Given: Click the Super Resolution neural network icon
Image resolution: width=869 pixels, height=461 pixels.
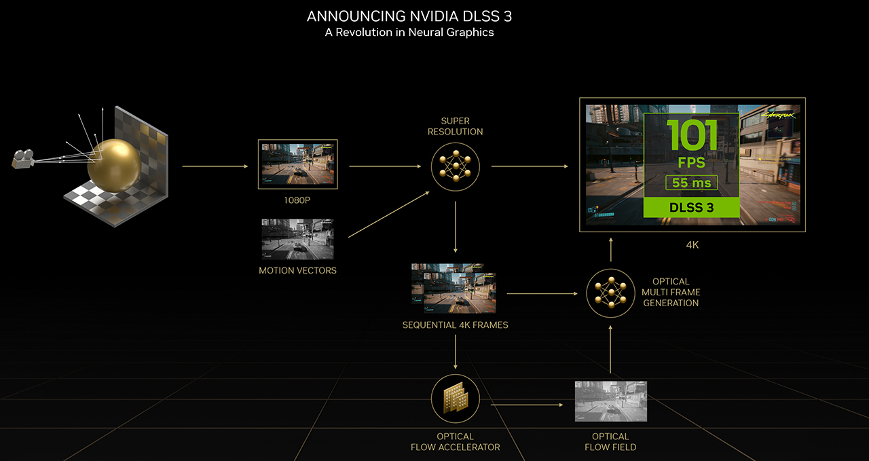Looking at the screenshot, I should pyautogui.click(x=456, y=166).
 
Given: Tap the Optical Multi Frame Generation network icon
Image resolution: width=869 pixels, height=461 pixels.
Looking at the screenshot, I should pyautogui.click(x=611, y=293).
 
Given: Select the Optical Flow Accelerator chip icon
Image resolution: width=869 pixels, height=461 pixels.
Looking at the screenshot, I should pyautogui.click(x=456, y=398).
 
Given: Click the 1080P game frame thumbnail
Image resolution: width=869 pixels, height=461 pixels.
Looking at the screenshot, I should pyautogui.click(x=297, y=164).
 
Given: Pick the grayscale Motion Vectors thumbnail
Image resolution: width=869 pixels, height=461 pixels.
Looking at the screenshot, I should pyautogui.click(x=297, y=239).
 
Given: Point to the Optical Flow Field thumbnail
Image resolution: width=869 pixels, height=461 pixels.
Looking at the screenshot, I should pyautogui.click(x=610, y=401).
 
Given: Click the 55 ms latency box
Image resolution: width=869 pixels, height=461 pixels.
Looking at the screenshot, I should pyautogui.click(x=690, y=183).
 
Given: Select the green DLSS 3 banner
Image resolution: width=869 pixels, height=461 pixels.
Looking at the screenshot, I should pyautogui.click(x=690, y=208).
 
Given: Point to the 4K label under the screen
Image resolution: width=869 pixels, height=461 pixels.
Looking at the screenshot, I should pyautogui.click(x=692, y=245).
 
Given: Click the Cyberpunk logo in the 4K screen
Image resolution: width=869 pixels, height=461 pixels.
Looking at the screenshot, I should pyautogui.click(x=778, y=115).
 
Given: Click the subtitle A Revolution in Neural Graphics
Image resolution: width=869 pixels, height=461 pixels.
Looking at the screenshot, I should pyautogui.click(x=409, y=33).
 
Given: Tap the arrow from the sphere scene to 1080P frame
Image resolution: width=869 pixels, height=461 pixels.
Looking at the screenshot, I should pyautogui.click(x=215, y=166).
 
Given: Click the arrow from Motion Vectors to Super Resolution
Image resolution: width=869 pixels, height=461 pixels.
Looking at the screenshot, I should pyautogui.click(x=389, y=214).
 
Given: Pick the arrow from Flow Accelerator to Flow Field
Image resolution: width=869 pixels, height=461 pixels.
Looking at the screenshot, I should pyautogui.click(x=527, y=405).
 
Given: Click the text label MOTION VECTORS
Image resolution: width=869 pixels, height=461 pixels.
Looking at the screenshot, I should pyautogui.click(x=297, y=270).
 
